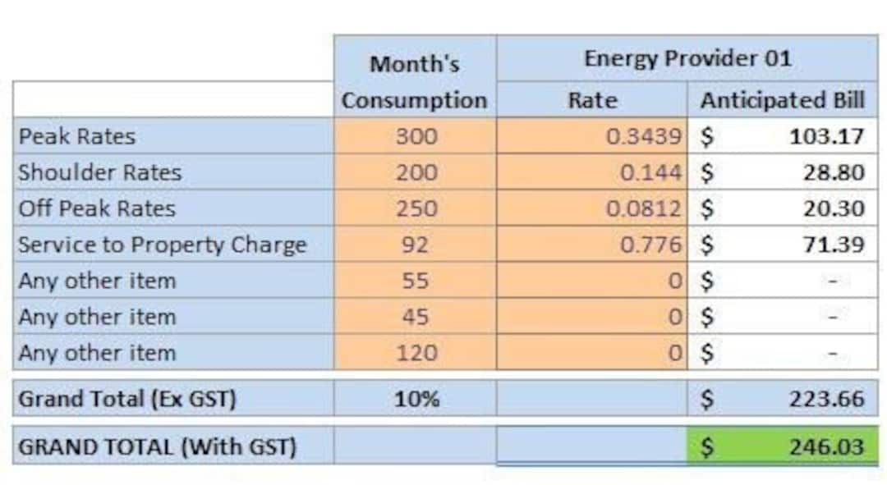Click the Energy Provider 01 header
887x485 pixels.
click(x=687, y=59)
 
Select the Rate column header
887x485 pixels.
click(x=591, y=100)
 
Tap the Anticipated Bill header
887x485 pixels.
click(x=782, y=100)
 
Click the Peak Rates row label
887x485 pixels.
click(x=77, y=136)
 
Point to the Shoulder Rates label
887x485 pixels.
click(x=99, y=172)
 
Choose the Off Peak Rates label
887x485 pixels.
click(x=97, y=208)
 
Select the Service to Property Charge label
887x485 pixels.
click(x=162, y=245)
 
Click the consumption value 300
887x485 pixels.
click(x=416, y=136)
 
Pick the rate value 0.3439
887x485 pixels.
click(x=643, y=136)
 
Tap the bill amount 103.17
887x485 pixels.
click(x=826, y=136)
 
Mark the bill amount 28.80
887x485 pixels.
click(x=833, y=172)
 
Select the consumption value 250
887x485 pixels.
click(x=416, y=208)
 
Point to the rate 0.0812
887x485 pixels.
click(x=643, y=208)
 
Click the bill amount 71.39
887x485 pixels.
click(x=833, y=245)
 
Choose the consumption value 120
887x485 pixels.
click(x=416, y=353)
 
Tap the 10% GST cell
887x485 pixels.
click(x=416, y=399)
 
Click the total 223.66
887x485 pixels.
click(x=826, y=399)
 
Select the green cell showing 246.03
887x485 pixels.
click(x=782, y=446)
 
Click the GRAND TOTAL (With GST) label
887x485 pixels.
click(x=157, y=447)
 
